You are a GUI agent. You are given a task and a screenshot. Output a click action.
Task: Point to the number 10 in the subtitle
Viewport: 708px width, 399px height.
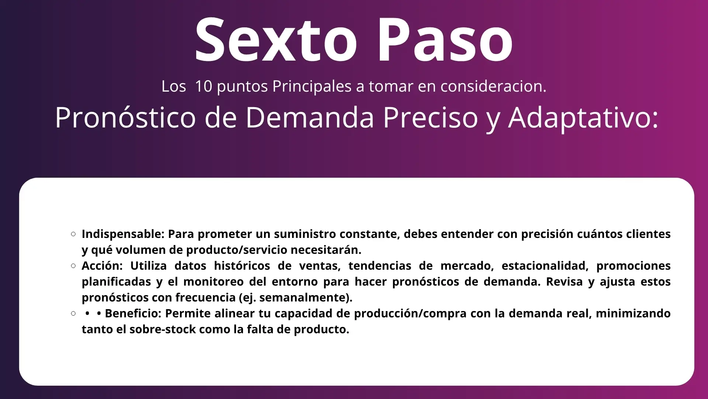(x=204, y=86)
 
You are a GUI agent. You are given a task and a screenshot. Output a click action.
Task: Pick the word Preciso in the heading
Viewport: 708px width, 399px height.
(x=430, y=117)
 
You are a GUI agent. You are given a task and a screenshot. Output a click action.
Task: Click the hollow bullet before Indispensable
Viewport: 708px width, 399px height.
(x=73, y=234)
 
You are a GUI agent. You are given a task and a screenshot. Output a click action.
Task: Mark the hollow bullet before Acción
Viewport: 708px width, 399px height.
(x=73, y=266)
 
